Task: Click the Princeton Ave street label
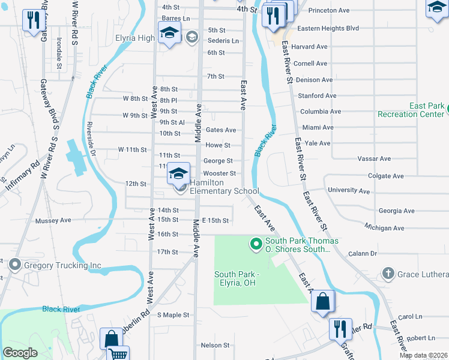[x=328, y=10]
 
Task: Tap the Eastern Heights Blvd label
[x=328, y=28]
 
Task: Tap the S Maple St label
[x=173, y=314]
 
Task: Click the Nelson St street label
[x=215, y=345]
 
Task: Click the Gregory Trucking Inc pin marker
[x=14, y=265]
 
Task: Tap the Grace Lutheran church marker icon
[x=388, y=274]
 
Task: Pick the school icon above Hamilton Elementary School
[x=178, y=174]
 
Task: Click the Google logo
[x=20, y=353]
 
